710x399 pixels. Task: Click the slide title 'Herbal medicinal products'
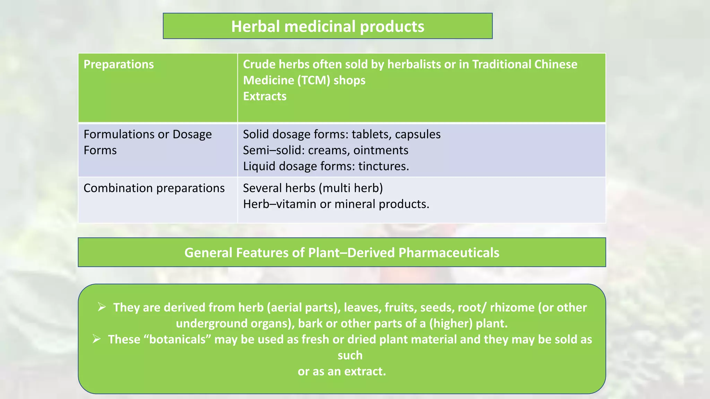click(328, 26)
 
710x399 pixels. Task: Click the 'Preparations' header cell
click(119, 64)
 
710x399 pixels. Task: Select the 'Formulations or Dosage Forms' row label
click(147, 142)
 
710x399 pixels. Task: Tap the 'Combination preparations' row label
click(154, 188)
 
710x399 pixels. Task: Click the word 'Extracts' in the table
click(265, 96)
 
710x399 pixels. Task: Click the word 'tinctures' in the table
click(382, 166)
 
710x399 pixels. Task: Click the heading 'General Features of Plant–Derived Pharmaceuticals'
click(341, 252)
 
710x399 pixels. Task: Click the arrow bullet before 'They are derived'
click(102, 307)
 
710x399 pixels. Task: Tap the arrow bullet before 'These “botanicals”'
click(96, 339)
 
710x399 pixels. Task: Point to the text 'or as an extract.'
click(341, 371)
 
